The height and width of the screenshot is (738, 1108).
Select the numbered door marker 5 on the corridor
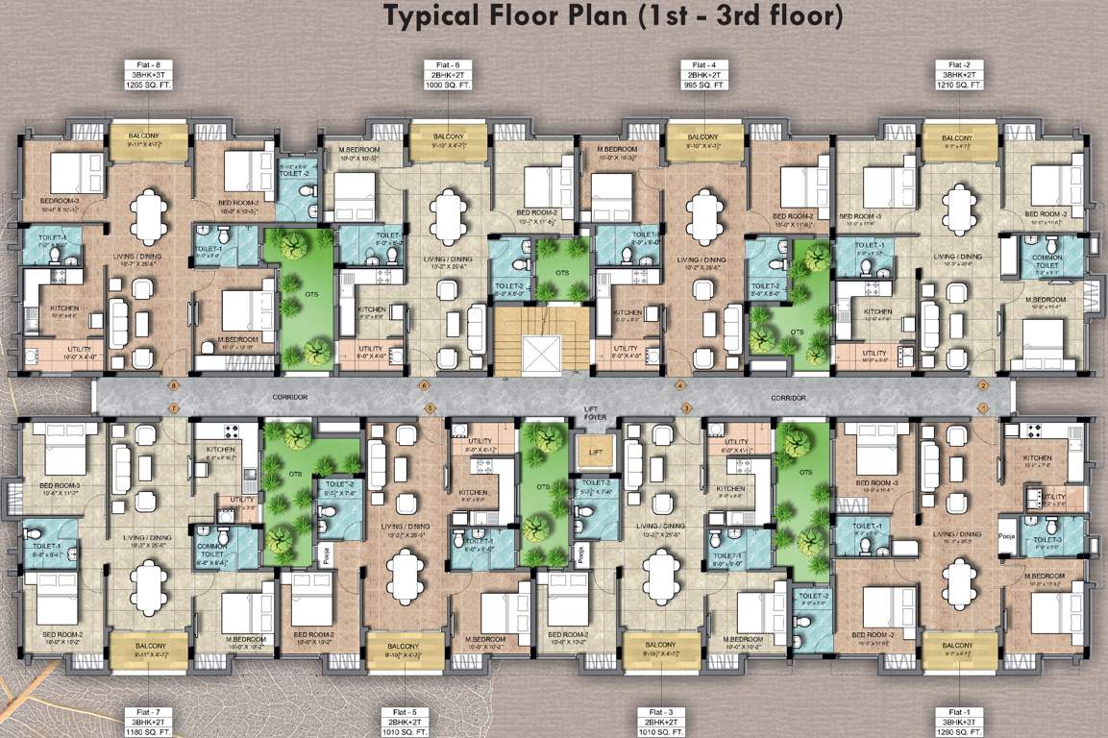click(x=431, y=408)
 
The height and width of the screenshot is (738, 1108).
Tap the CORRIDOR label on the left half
click(x=288, y=397)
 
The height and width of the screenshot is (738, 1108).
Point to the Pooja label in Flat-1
click(x=1007, y=537)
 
